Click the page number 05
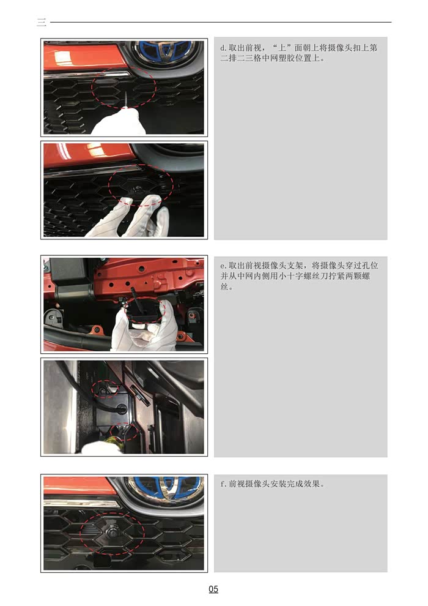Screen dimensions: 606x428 pyautogui.click(x=213, y=589)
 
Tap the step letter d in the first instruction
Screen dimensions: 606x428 pyautogui.click(x=223, y=48)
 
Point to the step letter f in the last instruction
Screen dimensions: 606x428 pyautogui.click(x=223, y=484)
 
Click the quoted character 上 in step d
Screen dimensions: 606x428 pyautogui.click(x=282, y=48)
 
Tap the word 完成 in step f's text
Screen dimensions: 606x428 pyautogui.click(x=292, y=484)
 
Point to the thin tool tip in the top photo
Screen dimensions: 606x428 pyautogui.click(x=125, y=97)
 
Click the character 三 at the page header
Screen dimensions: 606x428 pyautogui.click(x=42, y=23)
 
